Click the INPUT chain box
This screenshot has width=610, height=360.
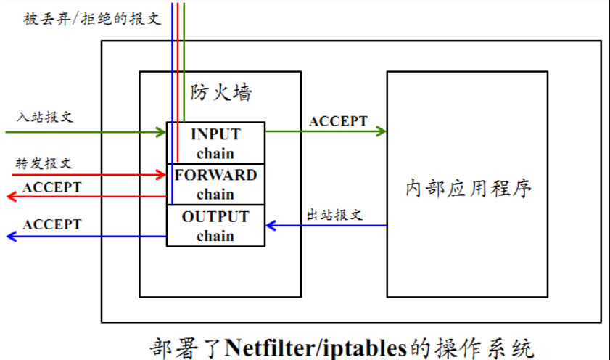[216, 143]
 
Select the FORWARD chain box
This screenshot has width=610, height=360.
[216, 184]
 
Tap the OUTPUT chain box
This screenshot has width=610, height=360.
[216, 226]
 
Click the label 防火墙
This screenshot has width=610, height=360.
[221, 92]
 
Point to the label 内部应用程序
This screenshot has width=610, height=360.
[469, 189]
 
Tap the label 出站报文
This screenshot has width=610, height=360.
[334, 215]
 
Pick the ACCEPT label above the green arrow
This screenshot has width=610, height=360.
[338, 121]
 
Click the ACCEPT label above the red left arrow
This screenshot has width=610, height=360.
[52, 187]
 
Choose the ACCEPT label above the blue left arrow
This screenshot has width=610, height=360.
[52, 224]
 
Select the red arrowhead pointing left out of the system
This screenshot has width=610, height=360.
[11, 196]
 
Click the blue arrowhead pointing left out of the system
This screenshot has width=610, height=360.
[11, 237]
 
